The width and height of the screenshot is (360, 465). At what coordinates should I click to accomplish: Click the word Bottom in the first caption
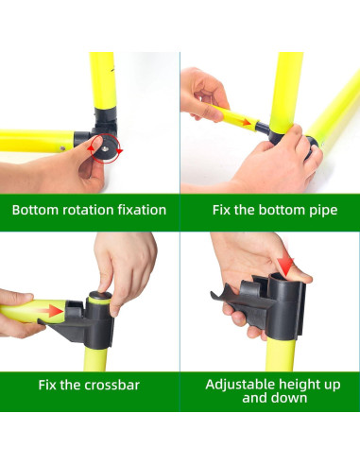[35, 209]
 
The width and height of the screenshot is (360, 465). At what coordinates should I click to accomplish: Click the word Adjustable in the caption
[240, 385]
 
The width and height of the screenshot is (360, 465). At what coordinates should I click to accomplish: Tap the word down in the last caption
[289, 398]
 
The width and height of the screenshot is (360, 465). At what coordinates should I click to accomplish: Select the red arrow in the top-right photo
[244, 122]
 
